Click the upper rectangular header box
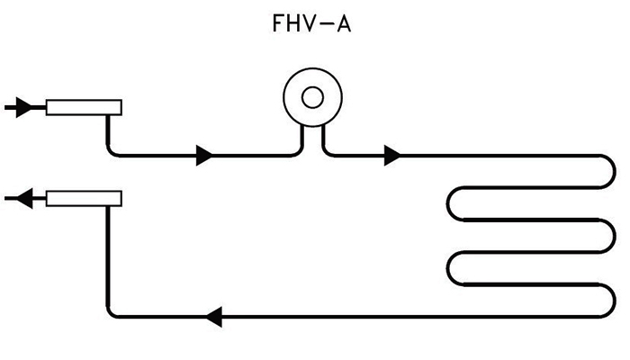pyautogui.click(x=83, y=108)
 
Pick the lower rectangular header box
pyautogui.click(x=83, y=197)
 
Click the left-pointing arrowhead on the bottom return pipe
pyautogui.click(x=214, y=316)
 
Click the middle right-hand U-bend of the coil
pyautogui.click(x=610, y=236)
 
